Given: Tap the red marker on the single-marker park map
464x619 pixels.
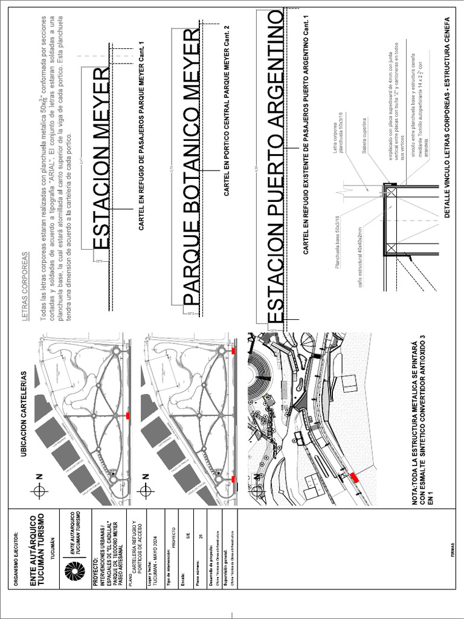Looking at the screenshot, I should (128, 416).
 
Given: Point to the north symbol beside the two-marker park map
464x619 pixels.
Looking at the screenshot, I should (145, 491).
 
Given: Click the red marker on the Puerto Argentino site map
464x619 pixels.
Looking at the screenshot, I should (355, 478).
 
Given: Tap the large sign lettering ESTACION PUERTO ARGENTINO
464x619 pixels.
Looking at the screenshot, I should (274, 166).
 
